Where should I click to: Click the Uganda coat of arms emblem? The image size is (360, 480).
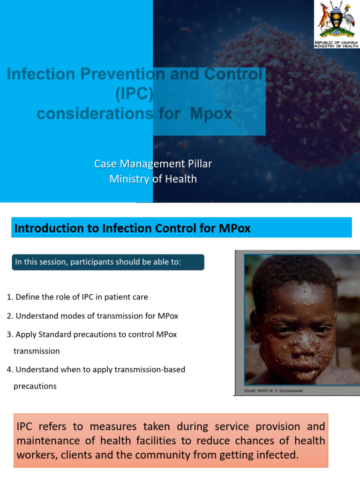[337, 21]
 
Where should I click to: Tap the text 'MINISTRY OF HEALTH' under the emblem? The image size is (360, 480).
[337, 46]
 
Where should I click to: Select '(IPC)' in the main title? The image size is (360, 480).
[135, 94]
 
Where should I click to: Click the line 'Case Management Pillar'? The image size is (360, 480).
[153, 164]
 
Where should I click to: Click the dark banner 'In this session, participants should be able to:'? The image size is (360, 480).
[108, 262]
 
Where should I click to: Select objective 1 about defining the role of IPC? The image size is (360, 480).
[77, 297]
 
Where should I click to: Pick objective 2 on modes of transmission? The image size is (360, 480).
[92, 316]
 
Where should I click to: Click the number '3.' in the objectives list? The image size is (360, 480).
[10, 334]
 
